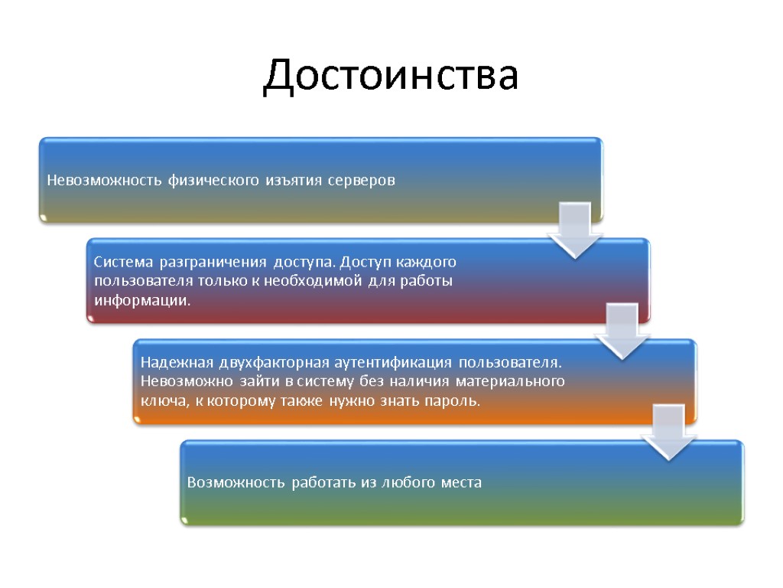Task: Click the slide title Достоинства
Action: [x=391, y=77]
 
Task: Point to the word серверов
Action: [x=362, y=181]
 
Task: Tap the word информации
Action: [x=141, y=299]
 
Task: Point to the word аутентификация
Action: [x=391, y=361]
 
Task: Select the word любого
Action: [x=409, y=483]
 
